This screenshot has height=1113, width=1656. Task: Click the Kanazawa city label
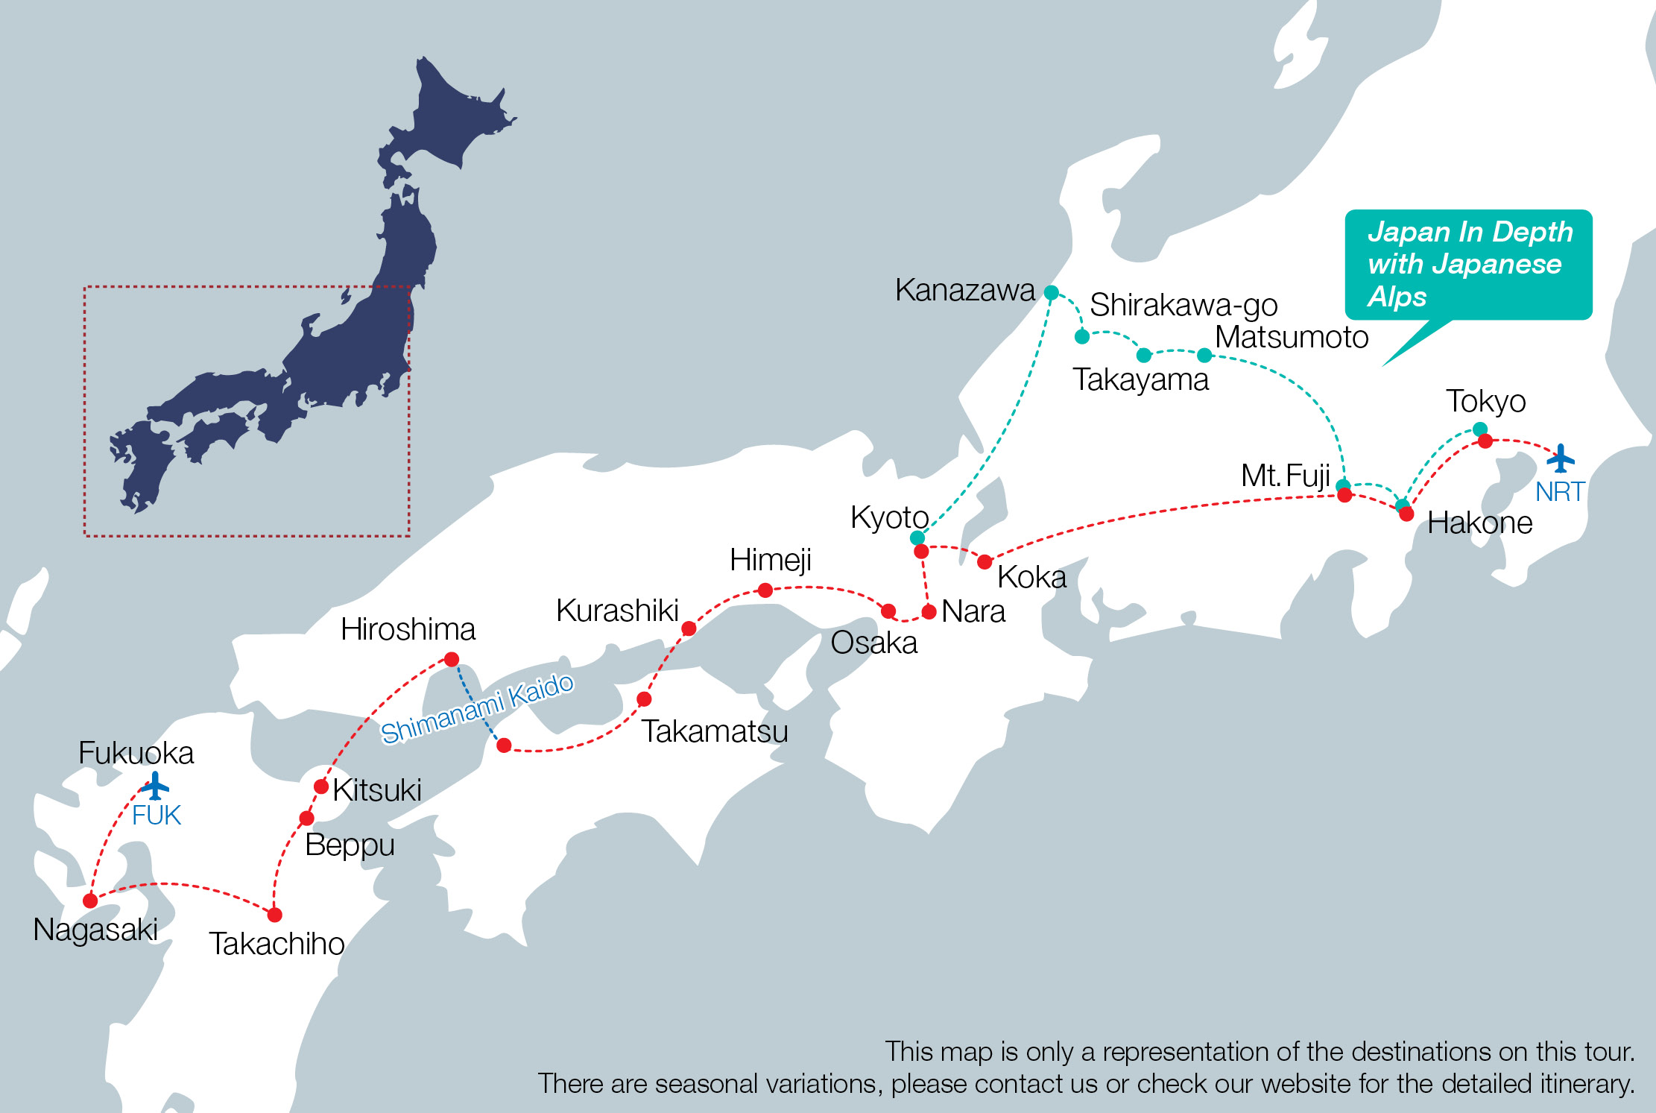[x=964, y=290]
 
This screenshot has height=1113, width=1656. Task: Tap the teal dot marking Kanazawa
[x=1051, y=292]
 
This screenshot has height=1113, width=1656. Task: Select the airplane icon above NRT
[x=1560, y=458]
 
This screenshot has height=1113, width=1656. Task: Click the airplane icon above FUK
[x=155, y=786]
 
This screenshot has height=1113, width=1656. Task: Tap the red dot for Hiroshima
[x=452, y=659]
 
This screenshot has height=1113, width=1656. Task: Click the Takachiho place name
[x=276, y=944]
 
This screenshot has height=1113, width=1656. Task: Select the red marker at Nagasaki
[x=90, y=901]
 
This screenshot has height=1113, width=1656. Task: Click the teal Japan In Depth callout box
[x=1468, y=265]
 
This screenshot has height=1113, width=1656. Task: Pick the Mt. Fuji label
[x=1285, y=476]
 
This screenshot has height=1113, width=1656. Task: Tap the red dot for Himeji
[x=765, y=590]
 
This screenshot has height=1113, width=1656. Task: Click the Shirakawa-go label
[x=1183, y=305]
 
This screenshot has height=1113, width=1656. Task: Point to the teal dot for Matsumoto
[x=1204, y=355]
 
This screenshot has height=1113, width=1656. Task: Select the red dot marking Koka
[x=985, y=561]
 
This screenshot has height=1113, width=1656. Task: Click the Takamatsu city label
[x=714, y=731]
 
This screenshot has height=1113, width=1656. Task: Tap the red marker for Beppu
[x=306, y=819]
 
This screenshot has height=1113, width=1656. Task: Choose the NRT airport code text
[x=1559, y=492]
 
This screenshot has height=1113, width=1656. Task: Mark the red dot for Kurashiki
[x=689, y=628]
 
